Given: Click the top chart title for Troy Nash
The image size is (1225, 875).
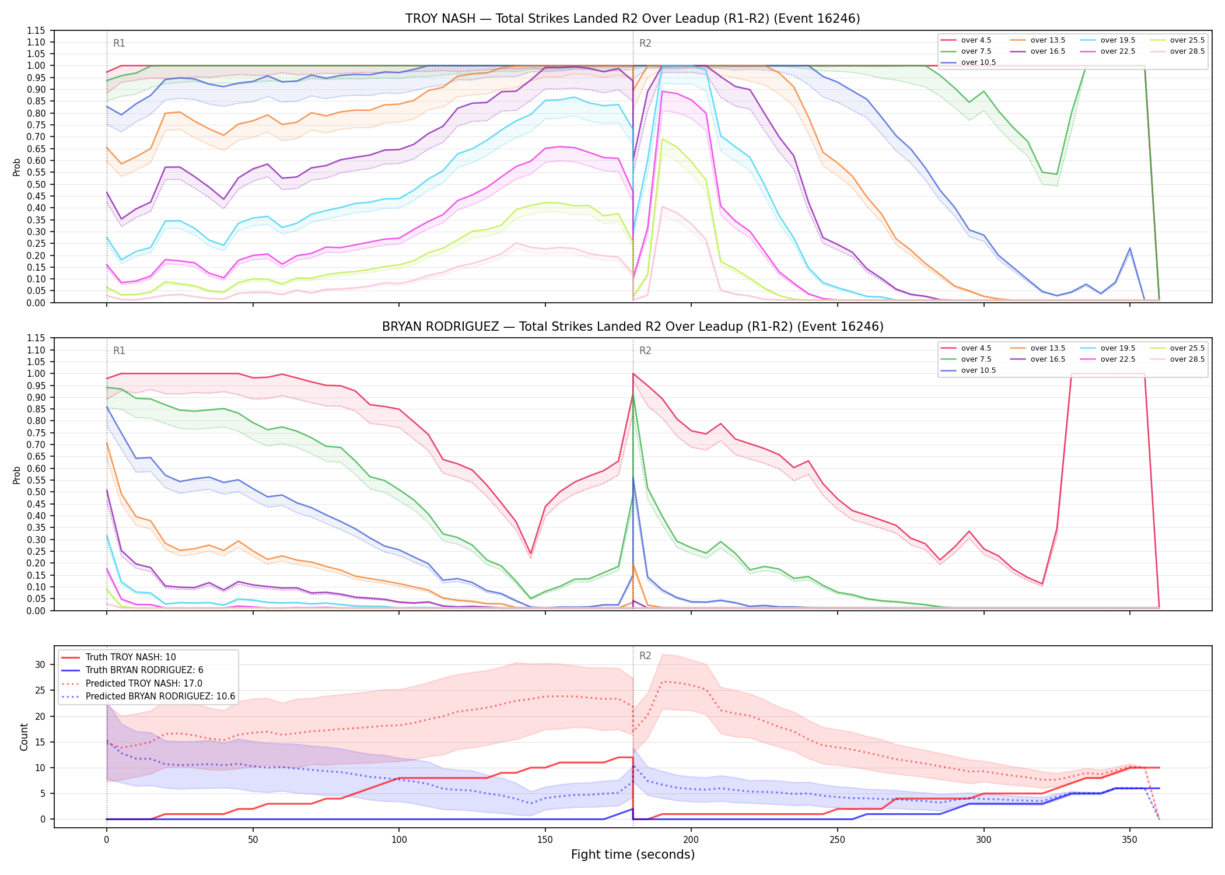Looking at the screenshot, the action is pyautogui.click(x=633, y=19).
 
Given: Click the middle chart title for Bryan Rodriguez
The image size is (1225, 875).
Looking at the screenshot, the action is pyautogui.click(x=633, y=327).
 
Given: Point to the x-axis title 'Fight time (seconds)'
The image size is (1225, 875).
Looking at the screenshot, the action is pyautogui.click(x=633, y=855).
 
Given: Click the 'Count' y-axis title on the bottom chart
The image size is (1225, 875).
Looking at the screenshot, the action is pyautogui.click(x=24, y=737).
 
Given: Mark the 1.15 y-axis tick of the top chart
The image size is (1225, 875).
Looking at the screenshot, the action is pyautogui.click(x=36, y=30).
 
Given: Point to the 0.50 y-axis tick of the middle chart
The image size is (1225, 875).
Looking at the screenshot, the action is pyautogui.click(x=36, y=492).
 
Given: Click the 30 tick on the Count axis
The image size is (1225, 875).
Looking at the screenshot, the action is pyautogui.click(x=40, y=664).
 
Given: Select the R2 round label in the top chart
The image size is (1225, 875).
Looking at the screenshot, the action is pyautogui.click(x=645, y=43).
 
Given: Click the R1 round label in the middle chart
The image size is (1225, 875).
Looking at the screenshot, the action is pyautogui.click(x=119, y=351).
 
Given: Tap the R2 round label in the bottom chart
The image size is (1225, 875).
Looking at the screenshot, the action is pyautogui.click(x=645, y=656).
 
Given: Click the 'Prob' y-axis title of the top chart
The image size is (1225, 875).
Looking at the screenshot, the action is pyautogui.click(x=17, y=167).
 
